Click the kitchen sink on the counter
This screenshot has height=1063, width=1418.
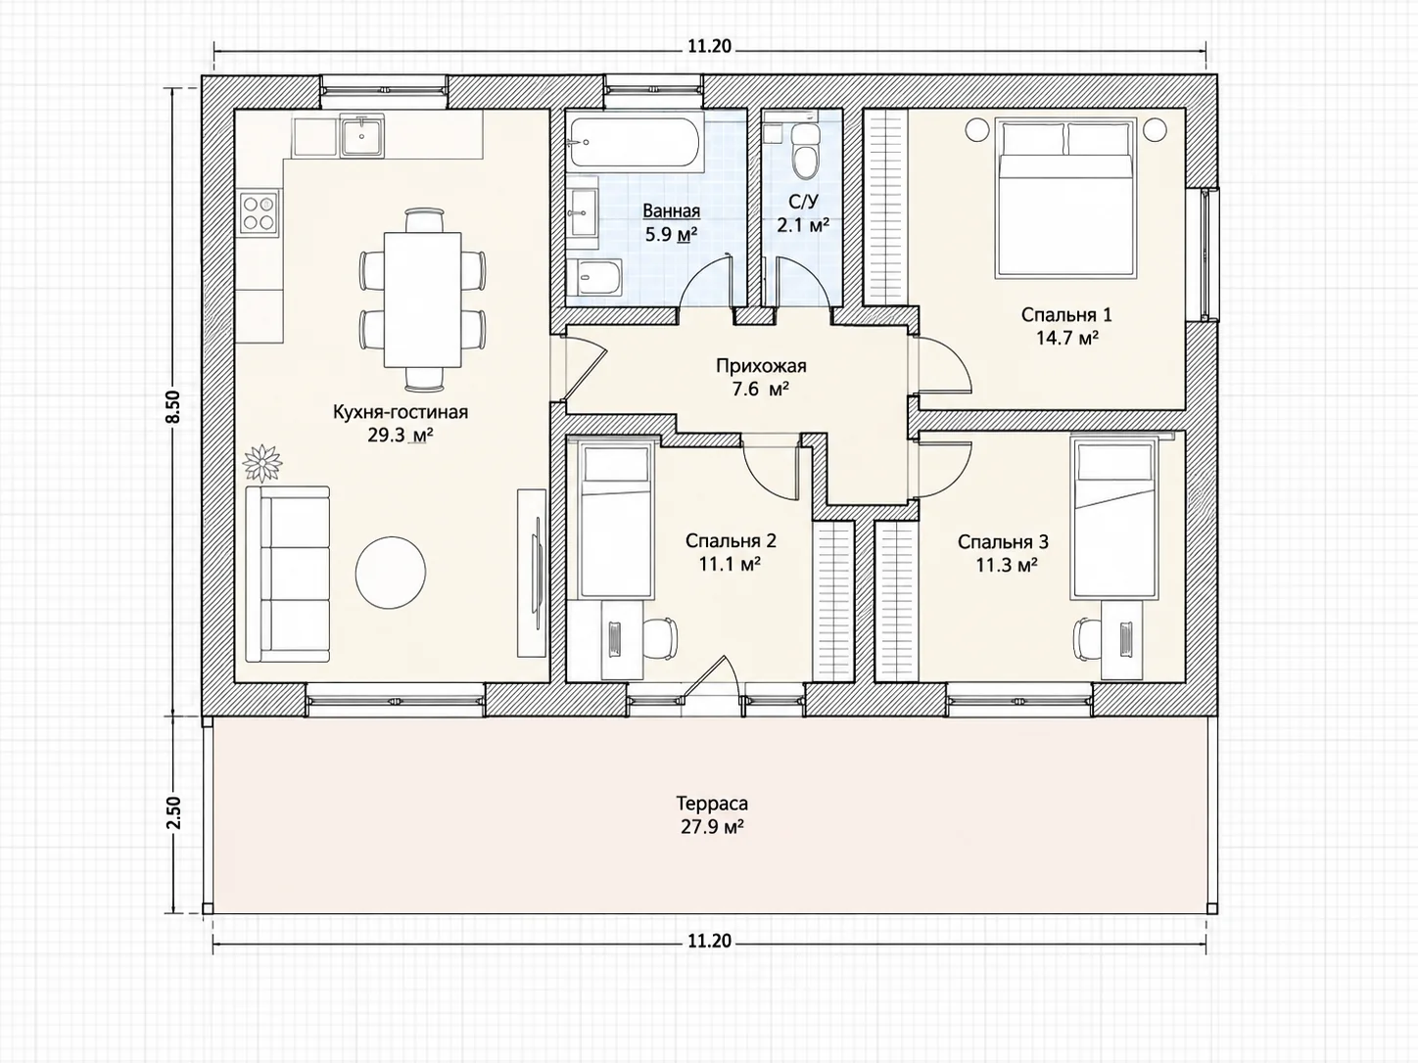click(361, 135)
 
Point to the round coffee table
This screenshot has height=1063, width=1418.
click(391, 572)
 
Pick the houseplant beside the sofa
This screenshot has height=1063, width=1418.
click(262, 463)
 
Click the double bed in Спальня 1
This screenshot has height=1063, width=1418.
click(1065, 198)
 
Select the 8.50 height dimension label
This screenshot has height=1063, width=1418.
click(173, 406)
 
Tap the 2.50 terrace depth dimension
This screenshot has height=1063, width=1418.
click(173, 813)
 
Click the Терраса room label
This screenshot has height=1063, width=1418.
click(712, 804)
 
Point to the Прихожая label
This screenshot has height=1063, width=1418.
click(761, 367)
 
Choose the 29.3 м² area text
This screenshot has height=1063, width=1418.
click(400, 436)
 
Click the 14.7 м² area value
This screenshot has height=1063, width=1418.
click(1067, 339)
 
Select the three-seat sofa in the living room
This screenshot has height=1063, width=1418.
click(288, 574)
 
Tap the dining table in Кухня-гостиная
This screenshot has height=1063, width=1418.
click(423, 300)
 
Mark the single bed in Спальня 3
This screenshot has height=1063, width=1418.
click(1113, 517)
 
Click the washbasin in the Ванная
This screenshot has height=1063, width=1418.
click(584, 212)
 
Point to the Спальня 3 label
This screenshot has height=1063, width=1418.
click(1003, 541)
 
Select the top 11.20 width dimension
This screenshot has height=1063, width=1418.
click(709, 46)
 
